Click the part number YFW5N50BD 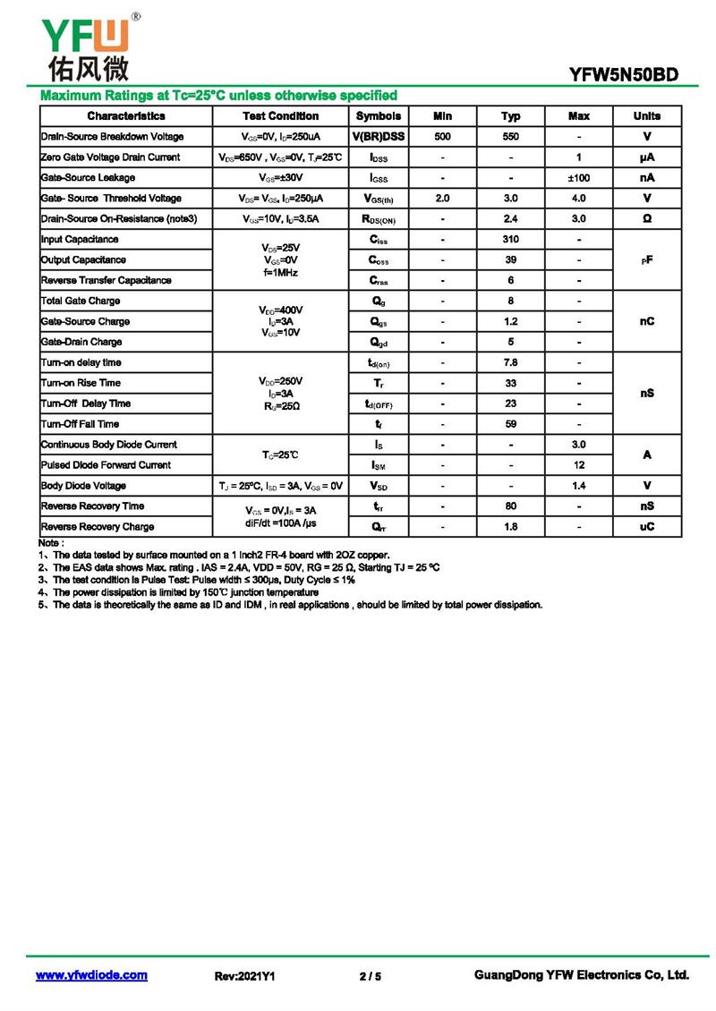coord(624,76)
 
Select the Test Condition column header coord(280,116)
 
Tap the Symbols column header coord(379,116)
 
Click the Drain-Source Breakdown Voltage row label coord(113,137)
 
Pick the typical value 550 coord(510,137)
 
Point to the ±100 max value coord(579,178)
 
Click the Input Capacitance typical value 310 coord(510,240)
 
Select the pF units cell coord(646,259)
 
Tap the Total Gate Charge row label coord(81,302)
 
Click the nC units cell coord(646,321)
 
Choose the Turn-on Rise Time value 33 coord(510,383)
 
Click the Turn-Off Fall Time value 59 coord(510,424)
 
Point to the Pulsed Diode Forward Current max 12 coord(579,465)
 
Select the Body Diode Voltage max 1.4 coord(579,486)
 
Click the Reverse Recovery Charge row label coord(98,527)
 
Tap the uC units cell coord(646,527)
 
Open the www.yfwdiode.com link coord(91,975)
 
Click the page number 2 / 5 coord(370,976)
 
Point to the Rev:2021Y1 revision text coord(244,976)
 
